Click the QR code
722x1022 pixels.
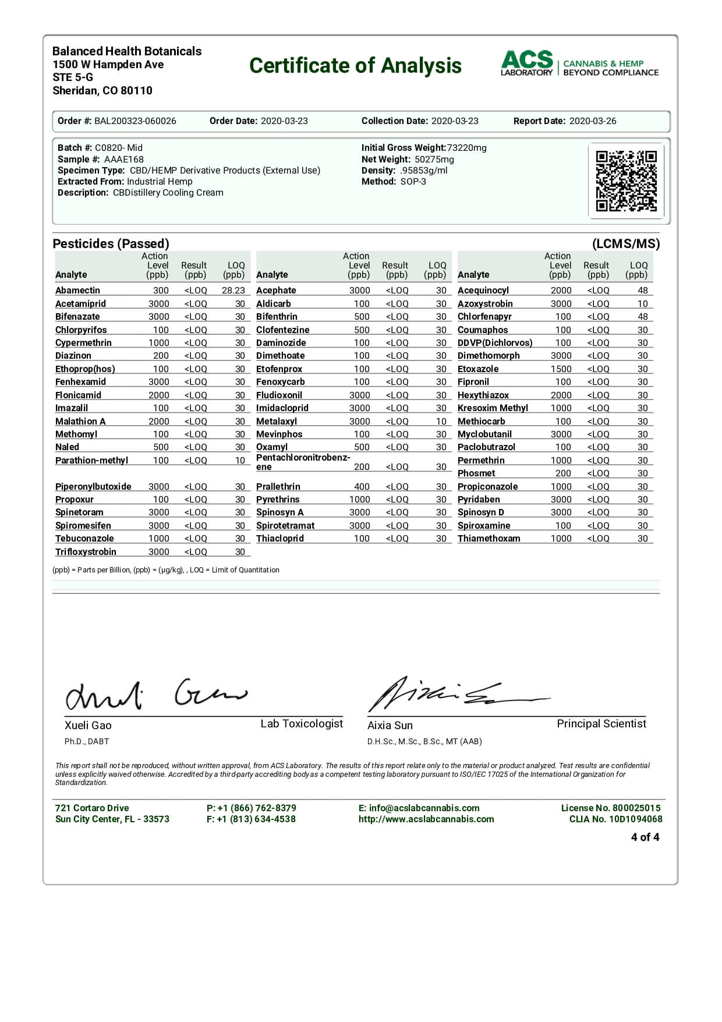[x=626, y=181]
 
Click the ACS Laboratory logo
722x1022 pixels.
[x=579, y=63]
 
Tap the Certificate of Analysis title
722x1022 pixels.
[x=355, y=66]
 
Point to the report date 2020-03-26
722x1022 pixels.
[x=592, y=121]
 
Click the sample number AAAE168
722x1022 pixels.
[x=123, y=159]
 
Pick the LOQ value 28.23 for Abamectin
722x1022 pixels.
[x=233, y=291]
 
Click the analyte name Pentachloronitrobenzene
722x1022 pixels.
[x=303, y=462]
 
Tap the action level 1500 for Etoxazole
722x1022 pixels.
[x=561, y=369]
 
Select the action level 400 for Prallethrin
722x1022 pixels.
[x=362, y=487]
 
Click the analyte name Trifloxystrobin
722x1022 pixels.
[x=86, y=552]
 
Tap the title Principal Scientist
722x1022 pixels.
[x=601, y=724]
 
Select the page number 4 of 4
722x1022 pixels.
[x=645, y=837]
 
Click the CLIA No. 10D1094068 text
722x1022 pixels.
[x=615, y=819]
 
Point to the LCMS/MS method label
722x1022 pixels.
[x=625, y=244]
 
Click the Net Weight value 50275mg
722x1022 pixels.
[x=434, y=159]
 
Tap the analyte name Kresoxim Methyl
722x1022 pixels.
[x=493, y=408]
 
